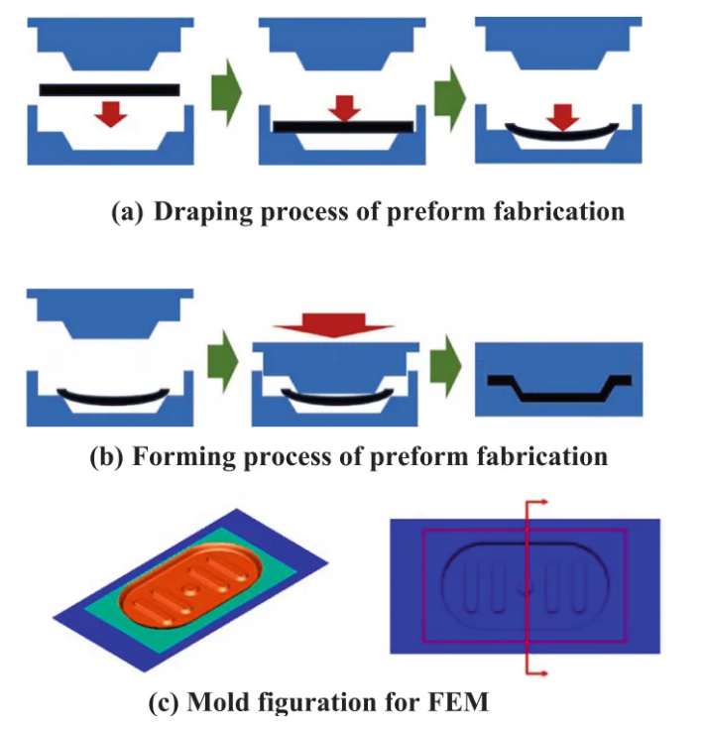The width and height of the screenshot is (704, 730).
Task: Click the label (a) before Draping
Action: tap(129, 212)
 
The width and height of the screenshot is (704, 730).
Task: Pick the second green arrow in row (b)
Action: tap(451, 373)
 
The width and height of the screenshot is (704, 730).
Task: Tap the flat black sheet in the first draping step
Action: tap(109, 90)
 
